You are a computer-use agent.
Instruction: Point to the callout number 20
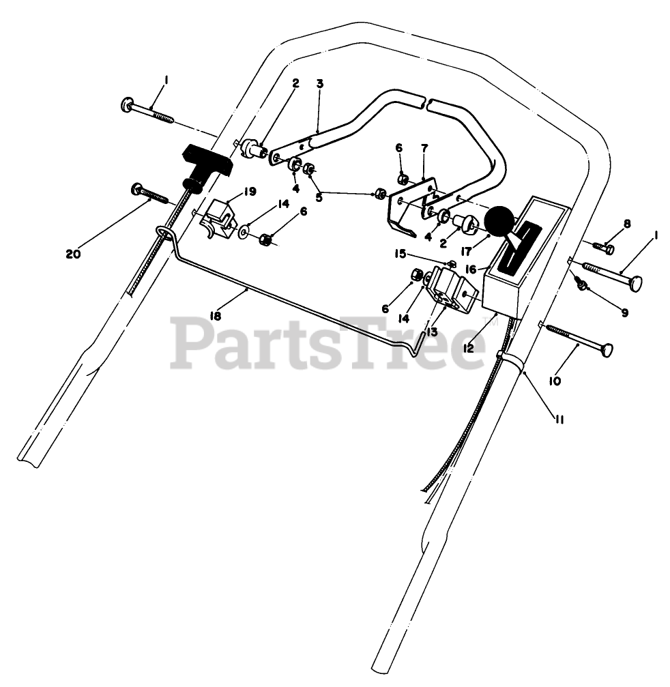[x=73, y=254]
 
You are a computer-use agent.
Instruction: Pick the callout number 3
[x=319, y=83]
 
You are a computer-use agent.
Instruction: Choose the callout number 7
[x=424, y=147]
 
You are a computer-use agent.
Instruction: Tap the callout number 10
[x=554, y=381]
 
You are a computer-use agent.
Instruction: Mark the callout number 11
[x=559, y=420]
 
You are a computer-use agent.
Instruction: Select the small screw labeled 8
[x=602, y=248]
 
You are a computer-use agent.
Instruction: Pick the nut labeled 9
[x=583, y=284]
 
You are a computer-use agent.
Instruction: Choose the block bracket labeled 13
[x=451, y=289]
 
